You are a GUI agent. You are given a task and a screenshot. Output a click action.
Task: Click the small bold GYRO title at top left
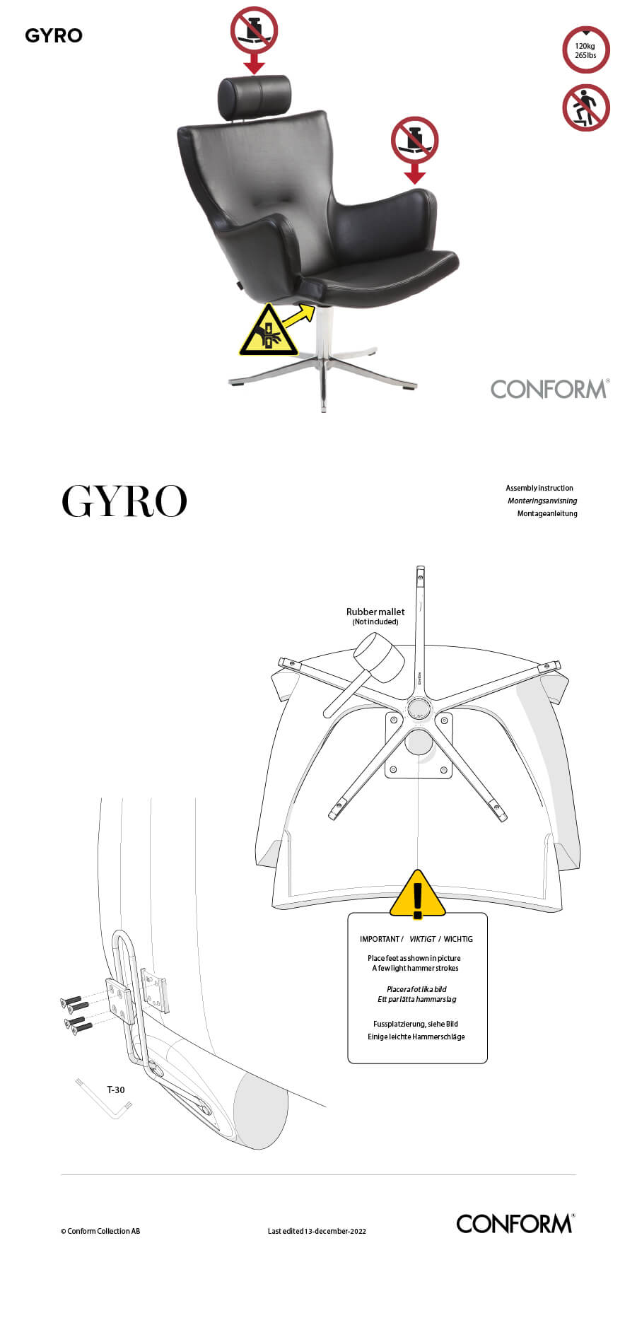coord(54,35)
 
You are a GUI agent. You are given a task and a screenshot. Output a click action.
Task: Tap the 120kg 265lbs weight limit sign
coord(585,50)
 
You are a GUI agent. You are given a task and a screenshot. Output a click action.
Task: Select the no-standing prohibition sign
coord(585,108)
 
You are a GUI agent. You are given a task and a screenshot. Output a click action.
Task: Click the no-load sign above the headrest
coord(254,30)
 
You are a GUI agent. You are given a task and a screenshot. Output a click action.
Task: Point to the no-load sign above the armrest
coord(414,140)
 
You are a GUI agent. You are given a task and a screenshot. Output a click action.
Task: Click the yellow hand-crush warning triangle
coord(268,332)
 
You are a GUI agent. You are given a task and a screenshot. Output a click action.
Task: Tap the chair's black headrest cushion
coord(255,98)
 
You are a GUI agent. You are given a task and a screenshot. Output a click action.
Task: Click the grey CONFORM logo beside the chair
coord(549,389)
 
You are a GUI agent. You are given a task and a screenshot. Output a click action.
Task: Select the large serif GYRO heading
coord(124,501)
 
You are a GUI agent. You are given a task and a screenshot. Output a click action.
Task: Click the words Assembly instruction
coord(539,488)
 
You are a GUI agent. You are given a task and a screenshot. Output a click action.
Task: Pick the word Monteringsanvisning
coord(542,501)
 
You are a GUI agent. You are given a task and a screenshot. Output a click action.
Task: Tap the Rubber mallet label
coord(375,612)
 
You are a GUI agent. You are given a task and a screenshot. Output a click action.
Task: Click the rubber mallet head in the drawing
coord(379,657)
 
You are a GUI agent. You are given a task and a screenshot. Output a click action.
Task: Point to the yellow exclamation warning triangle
coord(418,894)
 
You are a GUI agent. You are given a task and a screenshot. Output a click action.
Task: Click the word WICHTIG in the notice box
coord(458,939)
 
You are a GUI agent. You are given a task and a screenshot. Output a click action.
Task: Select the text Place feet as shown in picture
coord(414,958)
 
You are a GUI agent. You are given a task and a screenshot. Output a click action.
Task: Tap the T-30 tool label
coord(116,1090)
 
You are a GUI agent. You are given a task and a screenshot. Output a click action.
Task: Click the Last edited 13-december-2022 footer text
coord(317,1231)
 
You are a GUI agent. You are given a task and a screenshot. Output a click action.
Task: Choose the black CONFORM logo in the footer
coord(515,1224)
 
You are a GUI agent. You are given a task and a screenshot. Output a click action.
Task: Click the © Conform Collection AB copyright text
coord(100,1231)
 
